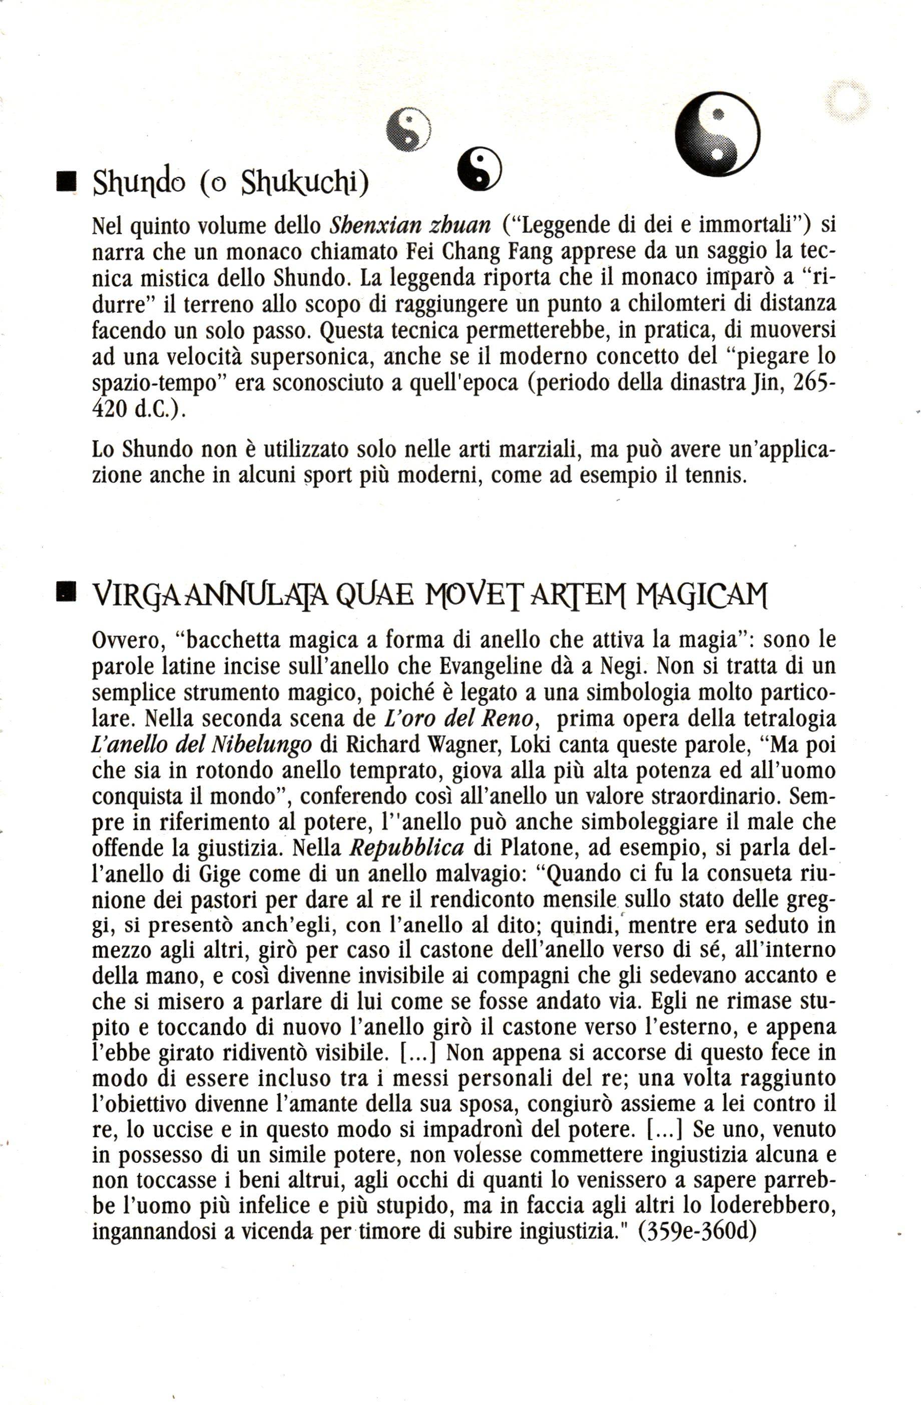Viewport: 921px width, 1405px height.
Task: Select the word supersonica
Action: [x=316, y=357]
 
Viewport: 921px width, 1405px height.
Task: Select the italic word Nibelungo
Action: [x=261, y=745]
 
